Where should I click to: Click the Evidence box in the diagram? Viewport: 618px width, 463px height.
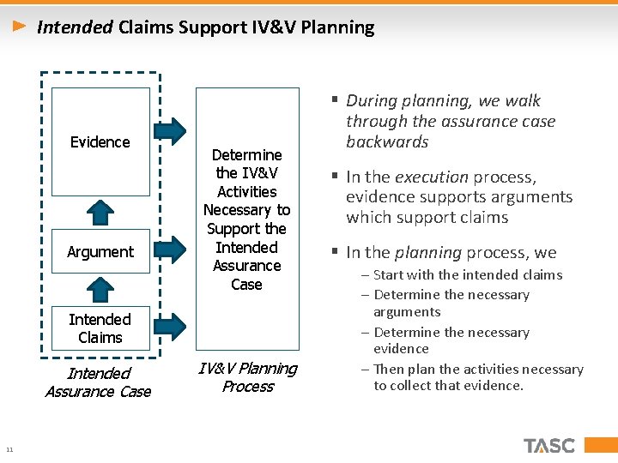pos(100,142)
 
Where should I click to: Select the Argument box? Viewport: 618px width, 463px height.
pos(100,252)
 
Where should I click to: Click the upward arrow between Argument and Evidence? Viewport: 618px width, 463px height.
pos(101,213)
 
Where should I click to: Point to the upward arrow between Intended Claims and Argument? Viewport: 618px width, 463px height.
pos(101,289)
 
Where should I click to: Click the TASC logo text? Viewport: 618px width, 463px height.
pos(549,445)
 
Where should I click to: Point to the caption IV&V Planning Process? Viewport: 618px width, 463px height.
pos(247,377)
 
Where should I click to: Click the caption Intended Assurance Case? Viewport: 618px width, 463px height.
pos(98,382)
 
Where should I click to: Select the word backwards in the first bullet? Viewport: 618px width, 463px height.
pos(387,142)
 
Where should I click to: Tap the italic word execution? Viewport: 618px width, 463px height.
pos(431,177)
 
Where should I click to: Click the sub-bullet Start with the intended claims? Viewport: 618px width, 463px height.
pos(468,275)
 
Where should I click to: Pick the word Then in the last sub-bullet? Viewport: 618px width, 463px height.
pos(389,370)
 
